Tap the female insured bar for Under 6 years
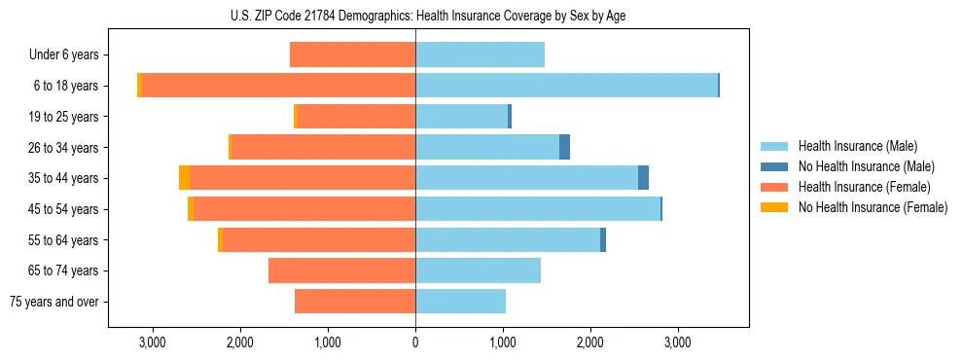(x=352, y=54)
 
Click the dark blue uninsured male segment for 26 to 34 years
(x=564, y=147)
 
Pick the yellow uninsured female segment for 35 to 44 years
(x=184, y=178)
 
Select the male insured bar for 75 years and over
(x=460, y=302)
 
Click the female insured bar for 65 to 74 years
(x=341, y=270)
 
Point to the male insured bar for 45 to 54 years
(x=538, y=209)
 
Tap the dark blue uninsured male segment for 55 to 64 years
(x=603, y=239)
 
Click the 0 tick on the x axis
(x=415, y=342)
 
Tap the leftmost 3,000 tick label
(x=152, y=342)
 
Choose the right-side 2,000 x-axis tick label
(x=590, y=342)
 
